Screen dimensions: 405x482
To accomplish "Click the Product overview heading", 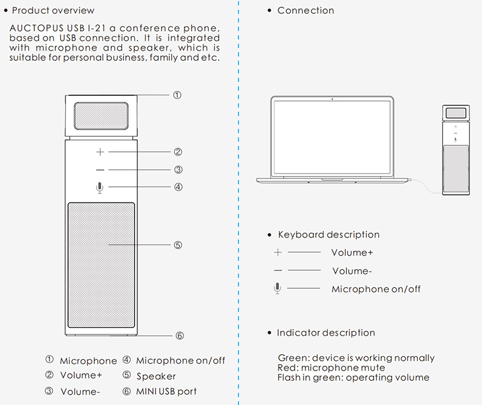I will point(53,10).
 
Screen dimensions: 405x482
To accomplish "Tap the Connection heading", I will point(305,10).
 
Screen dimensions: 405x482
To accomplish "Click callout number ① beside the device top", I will point(177,95).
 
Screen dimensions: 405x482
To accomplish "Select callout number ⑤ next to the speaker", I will point(178,245).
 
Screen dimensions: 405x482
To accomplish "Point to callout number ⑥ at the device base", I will point(179,336).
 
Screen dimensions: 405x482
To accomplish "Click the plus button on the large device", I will point(100,152).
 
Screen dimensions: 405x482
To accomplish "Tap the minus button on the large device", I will point(100,170).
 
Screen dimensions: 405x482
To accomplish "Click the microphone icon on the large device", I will point(100,187).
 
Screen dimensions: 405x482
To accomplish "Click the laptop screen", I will point(332,138).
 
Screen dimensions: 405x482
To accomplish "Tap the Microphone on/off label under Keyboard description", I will point(376,289).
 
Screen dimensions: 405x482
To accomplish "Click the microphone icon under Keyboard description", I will point(277,289).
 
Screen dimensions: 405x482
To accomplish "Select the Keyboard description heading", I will point(328,234).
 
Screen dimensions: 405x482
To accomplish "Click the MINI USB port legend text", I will point(166,391).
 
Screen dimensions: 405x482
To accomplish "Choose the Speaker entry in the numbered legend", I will point(156,376).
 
